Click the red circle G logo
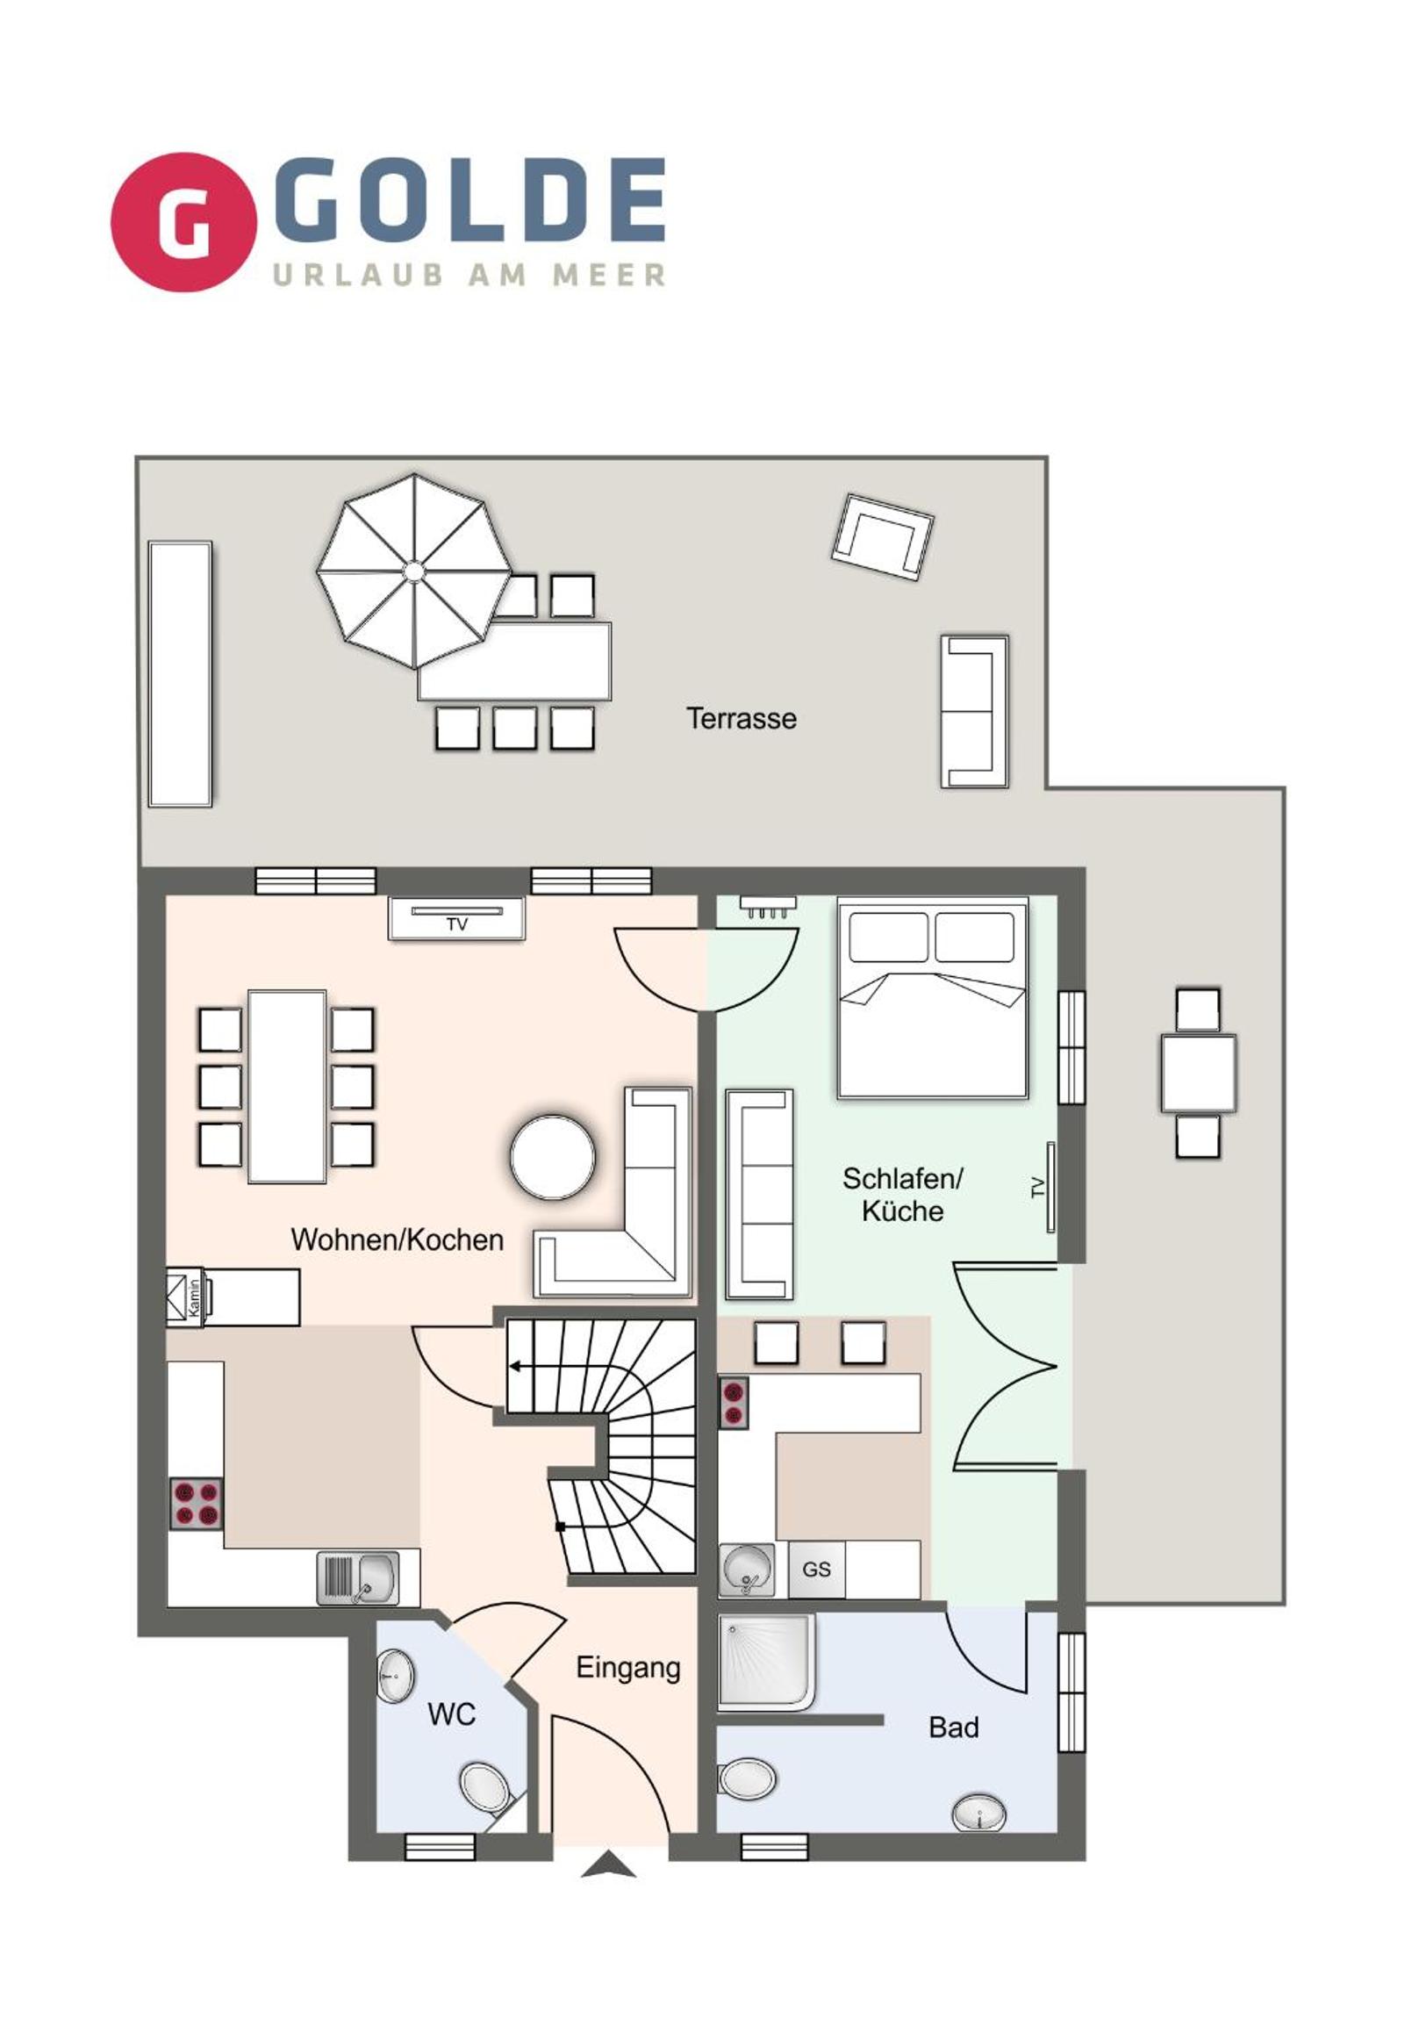(x=183, y=222)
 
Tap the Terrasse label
(x=742, y=718)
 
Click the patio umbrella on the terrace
(x=413, y=571)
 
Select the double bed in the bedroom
(x=933, y=997)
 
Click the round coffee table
(x=552, y=1157)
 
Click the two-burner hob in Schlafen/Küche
(x=734, y=1403)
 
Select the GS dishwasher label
(x=816, y=1569)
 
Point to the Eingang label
(x=627, y=1668)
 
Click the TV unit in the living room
(x=456, y=918)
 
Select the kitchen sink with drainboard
(x=357, y=1577)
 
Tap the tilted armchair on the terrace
(x=882, y=537)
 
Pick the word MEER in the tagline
(x=608, y=275)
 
